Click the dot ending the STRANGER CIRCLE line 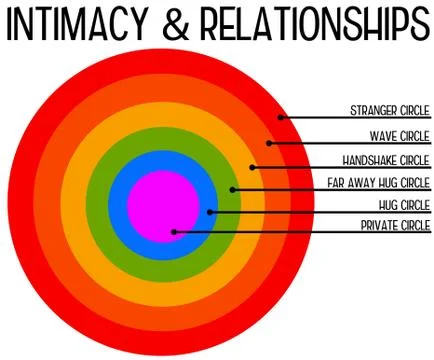tap(281, 118)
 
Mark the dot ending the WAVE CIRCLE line tap(270, 143)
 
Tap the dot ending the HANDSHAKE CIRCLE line tap(253, 167)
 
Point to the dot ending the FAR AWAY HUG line tap(232, 189)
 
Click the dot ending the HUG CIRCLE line tap(211, 211)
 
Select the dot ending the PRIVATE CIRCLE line tap(175, 232)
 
